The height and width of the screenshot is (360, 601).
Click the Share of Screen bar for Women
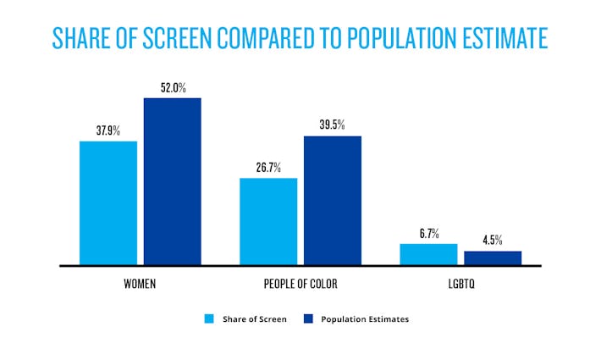[x=108, y=203]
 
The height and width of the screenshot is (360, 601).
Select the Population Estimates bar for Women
[x=172, y=181]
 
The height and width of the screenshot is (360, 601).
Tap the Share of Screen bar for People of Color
[x=268, y=221]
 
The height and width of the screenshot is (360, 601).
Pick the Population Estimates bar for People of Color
[x=332, y=201]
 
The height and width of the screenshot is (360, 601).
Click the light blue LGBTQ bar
[x=428, y=254]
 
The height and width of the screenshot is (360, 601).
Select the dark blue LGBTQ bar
[x=493, y=258]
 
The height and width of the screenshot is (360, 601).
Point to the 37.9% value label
[x=108, y=131]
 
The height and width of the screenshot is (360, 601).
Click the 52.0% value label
[x=172, y=87]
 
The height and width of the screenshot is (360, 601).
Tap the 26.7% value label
[x=268, y=168]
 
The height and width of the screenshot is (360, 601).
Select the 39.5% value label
[x=332, y=125]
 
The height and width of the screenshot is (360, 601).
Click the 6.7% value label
[x=428, y=234]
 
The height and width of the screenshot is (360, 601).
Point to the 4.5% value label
[x=493, y=241]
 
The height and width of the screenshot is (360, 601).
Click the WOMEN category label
[x=140, y=282]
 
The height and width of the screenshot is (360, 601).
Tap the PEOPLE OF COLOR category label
[x=300, y=282]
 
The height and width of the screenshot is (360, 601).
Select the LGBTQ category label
[x=460, y=282]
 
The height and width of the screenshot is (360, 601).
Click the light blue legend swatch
[x=208, y=319]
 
